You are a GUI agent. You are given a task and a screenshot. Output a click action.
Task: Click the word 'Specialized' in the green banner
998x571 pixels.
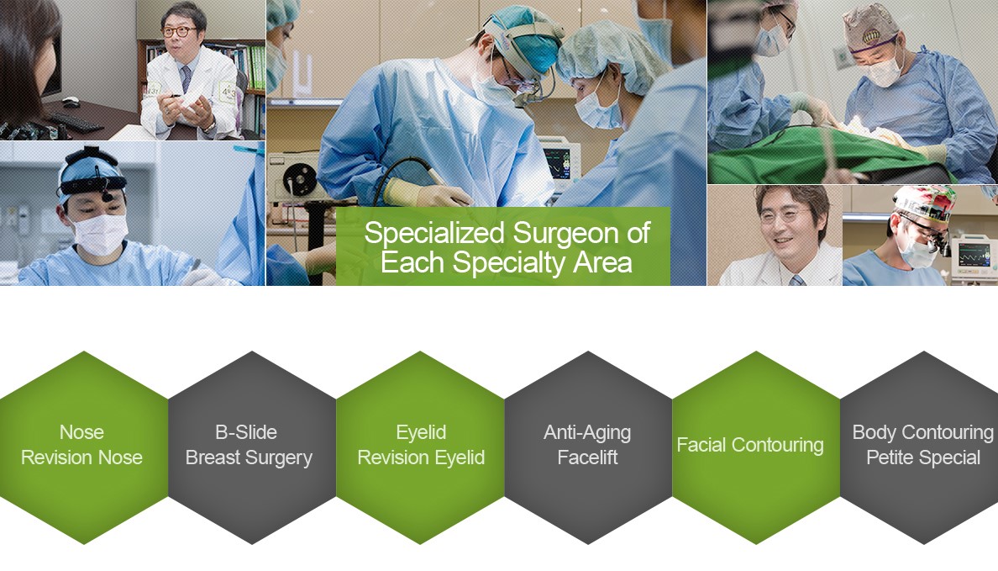(x=434, y=234)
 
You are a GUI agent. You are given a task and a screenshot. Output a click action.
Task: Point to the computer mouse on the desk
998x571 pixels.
(x=71, y=101)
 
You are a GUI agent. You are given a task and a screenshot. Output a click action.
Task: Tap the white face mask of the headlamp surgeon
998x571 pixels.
(x=101, y=233)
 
